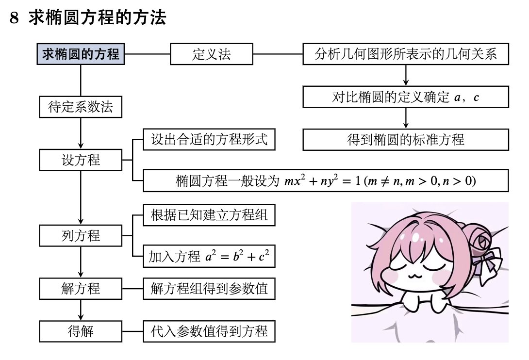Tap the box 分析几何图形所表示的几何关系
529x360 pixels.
[406, 54]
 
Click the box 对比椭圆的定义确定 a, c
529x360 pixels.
[406, 97]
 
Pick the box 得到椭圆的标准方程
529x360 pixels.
[406, 140]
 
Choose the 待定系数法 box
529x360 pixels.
[81, 107]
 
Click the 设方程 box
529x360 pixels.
[81, 160]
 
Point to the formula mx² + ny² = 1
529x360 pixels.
[320, 181]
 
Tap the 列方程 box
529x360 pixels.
[81, 236]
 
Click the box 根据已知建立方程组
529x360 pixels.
[209, 215]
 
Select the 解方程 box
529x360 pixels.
[81, 288]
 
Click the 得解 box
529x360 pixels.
[81, 331]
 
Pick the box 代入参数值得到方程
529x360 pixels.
[209, 331]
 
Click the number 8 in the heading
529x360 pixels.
[14, 18]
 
